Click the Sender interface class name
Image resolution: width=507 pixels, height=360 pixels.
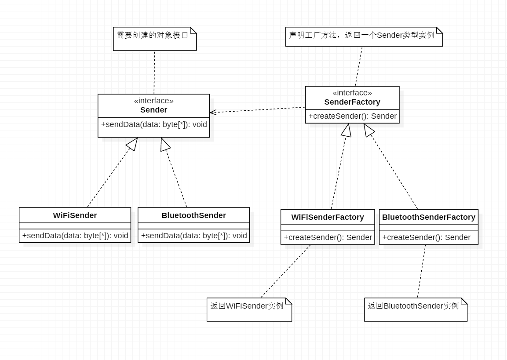(153, 110)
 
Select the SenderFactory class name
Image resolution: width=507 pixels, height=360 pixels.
(352, 102)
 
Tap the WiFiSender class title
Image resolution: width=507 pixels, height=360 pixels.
(75, 215)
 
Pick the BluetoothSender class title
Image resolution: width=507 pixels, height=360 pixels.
(193, 215)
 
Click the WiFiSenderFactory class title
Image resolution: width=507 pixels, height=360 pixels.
(328, 217)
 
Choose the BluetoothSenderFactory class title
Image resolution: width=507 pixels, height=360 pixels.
(429, 217)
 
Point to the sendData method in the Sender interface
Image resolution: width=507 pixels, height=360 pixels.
(154, 124)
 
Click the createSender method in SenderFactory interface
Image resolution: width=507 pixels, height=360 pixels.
(352, 116)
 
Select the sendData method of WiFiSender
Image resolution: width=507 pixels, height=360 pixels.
(75, 236)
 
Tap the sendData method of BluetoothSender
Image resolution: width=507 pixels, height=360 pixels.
(194, 236)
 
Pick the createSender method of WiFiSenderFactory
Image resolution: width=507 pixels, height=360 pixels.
(328, 237)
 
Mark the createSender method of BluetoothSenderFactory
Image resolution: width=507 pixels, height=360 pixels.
(426, 237)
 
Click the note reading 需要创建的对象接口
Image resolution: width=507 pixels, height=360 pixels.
(152, 35)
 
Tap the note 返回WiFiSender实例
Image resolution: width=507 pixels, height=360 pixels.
(247, 306)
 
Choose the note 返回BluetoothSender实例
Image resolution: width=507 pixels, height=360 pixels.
(413, 306)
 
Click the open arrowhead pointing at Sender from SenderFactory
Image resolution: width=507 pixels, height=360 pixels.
(213, 112)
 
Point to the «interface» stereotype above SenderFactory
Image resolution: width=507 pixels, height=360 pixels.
(352, 93)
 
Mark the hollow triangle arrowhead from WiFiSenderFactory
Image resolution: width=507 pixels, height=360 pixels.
(347, 130)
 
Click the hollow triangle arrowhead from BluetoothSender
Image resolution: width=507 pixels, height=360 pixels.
(164, 144)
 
